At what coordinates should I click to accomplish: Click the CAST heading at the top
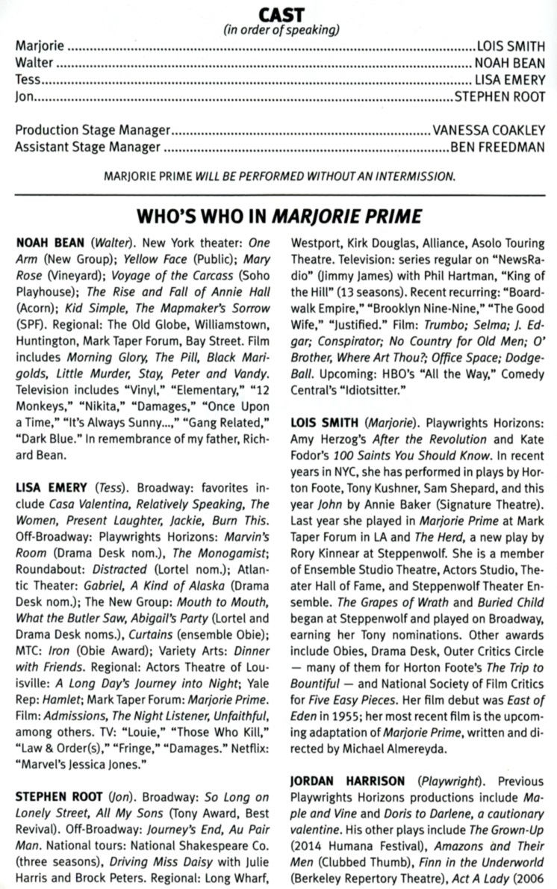pos(281,14)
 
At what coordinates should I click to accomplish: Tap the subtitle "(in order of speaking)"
pos(281,31)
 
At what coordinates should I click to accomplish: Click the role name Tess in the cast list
pos(28,79)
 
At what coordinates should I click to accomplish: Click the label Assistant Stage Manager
pos(87,146)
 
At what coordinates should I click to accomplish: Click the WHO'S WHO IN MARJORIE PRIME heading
pos(279,217)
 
